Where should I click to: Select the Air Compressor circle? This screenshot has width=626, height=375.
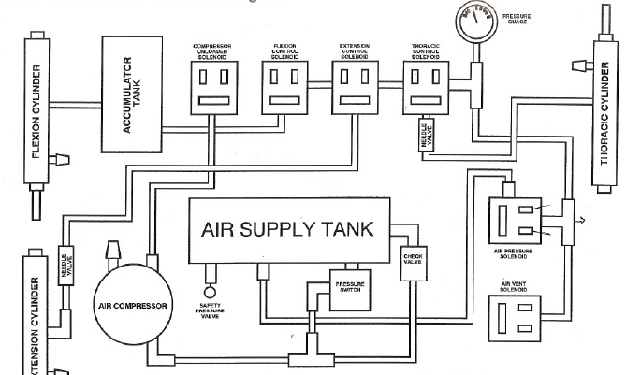tap(131, 305)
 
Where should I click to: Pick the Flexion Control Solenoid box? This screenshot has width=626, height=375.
tap(284, 87)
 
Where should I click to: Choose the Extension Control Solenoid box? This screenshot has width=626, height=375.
tap(355, 87)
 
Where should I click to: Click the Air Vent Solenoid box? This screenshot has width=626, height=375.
tap(515, 319)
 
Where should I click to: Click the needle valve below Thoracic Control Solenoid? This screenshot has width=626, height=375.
tap(428, 138)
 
